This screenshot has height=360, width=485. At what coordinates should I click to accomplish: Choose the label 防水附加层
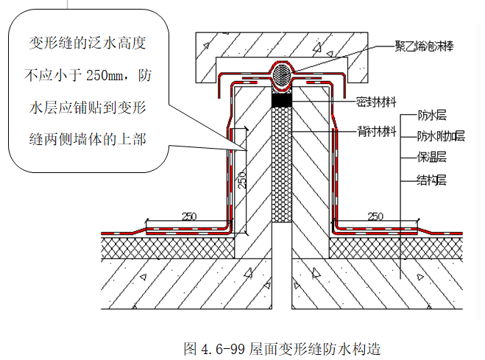click(x=441, y=135)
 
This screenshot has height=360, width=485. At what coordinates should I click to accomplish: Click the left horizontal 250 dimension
click(x=190, y=216)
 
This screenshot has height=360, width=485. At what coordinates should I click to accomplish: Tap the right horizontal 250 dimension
click(x=375, y=216)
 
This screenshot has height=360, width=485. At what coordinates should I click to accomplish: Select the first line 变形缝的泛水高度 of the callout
click(x=87, y=43)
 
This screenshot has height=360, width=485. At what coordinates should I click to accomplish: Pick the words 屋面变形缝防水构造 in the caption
click(x=316, y=346)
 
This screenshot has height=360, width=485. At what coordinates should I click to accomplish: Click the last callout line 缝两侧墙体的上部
click(x=87, y=138)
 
